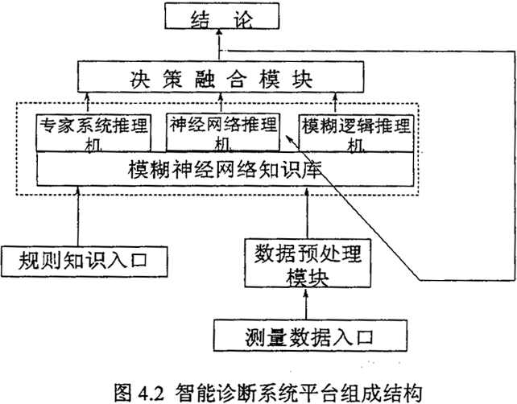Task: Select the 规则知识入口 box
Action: click(86, 259)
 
